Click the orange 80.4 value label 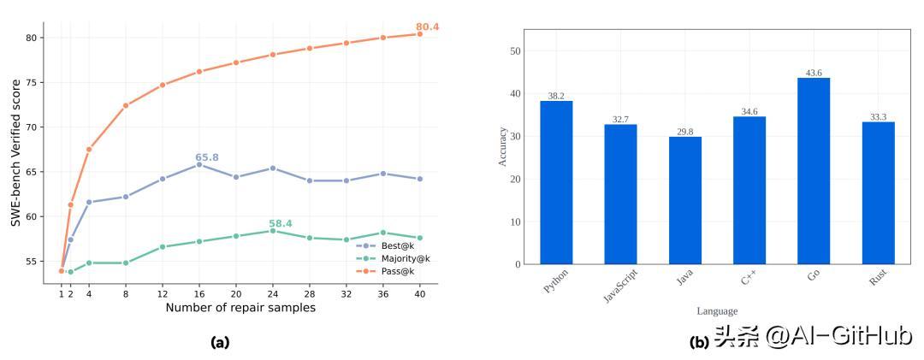(x=428, y=27)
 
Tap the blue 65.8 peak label (x=207, y=157)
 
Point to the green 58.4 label (x=281, y=224)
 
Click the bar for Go (x=814, y=171)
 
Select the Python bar (x=556, y=182)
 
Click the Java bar (x=684, y=200)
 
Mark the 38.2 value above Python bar (x=556, y=96)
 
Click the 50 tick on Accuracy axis (x=514, y=51)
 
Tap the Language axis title (x=717, y=311)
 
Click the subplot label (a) (x=220, y=343)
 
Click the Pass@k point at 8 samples (x=126, y=105)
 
